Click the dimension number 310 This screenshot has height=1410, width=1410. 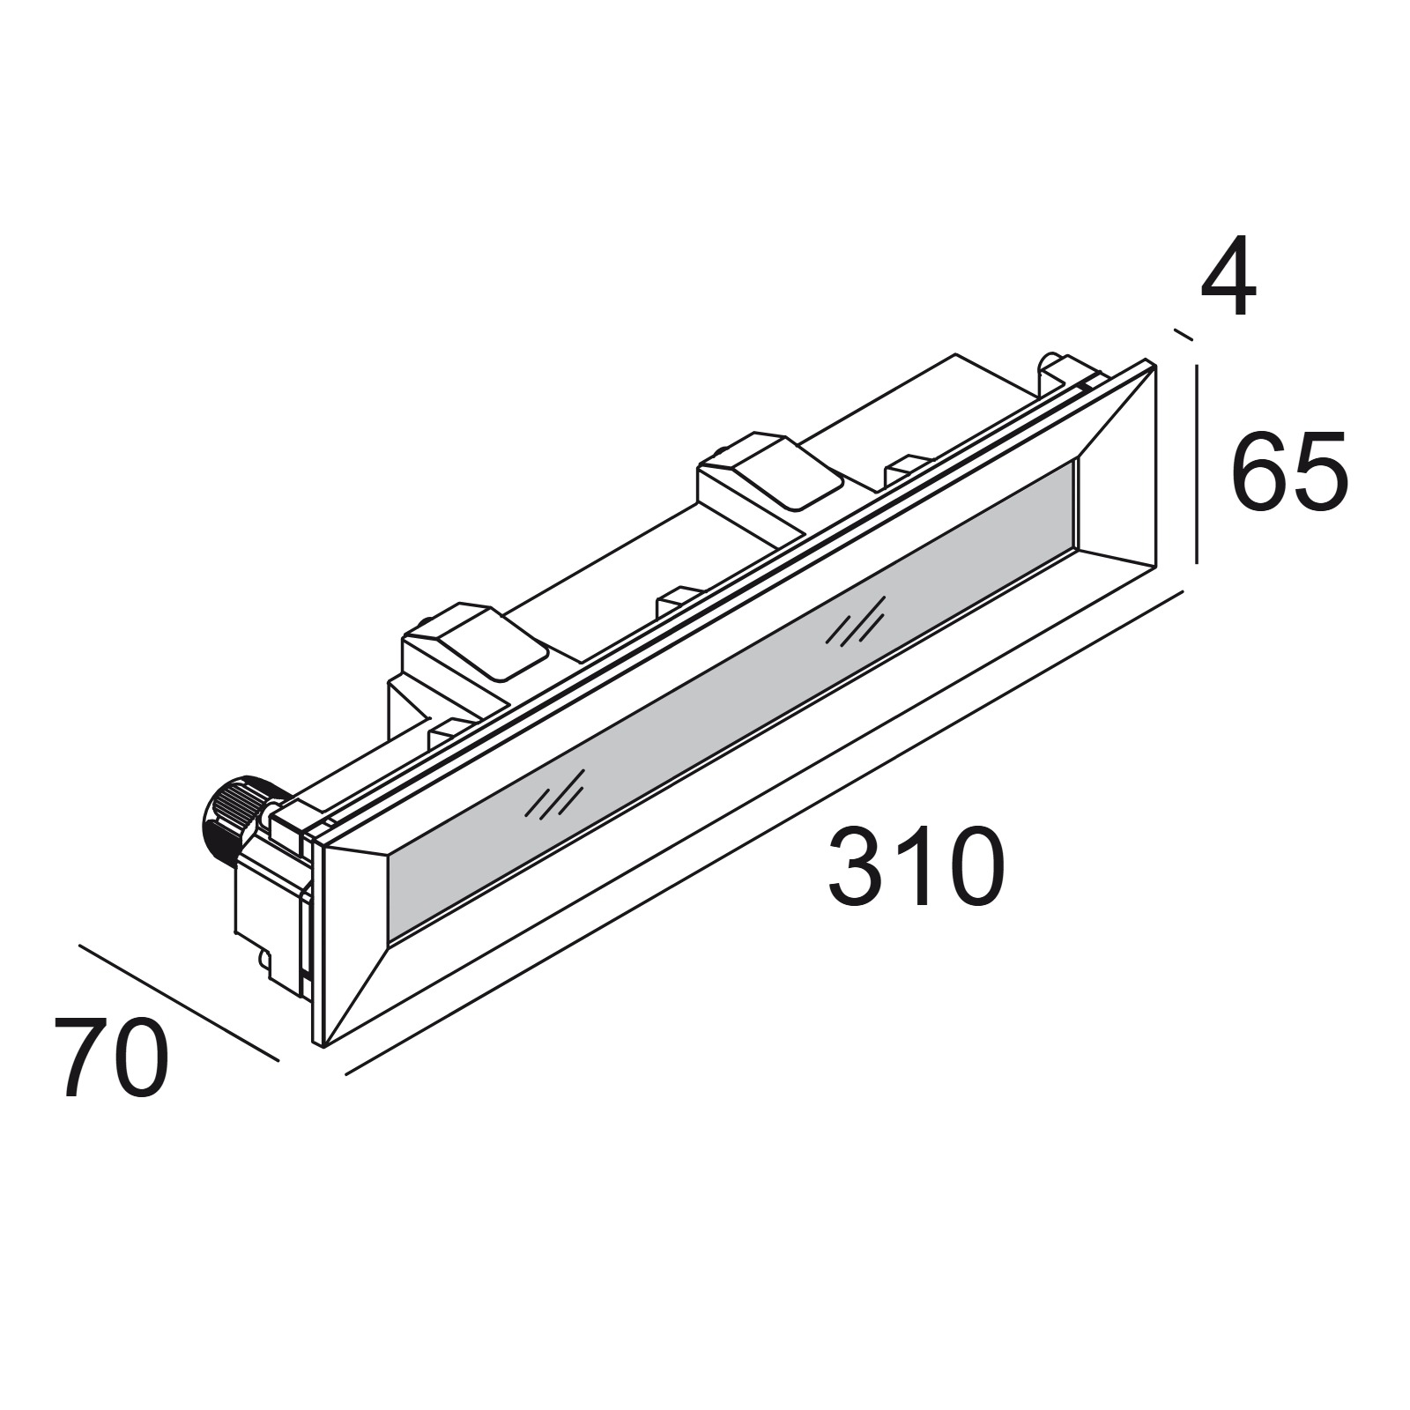click(x=916, y=865)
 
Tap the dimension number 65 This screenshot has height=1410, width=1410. click(x=1288, y=471)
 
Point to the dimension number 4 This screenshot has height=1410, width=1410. click(x=1228, y=276)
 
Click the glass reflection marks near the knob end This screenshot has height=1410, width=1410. click(x=554, y=793)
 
